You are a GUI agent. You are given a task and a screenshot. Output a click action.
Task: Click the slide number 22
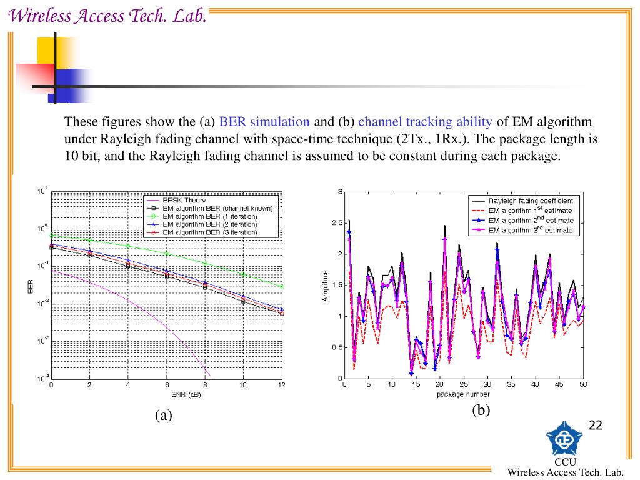pos(596,426)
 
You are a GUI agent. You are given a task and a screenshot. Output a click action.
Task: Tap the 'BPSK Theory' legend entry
pos(184,200)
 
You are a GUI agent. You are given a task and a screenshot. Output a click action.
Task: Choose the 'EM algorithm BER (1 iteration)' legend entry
pos(209,216)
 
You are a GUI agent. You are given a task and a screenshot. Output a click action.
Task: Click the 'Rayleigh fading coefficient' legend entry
pos(531,201)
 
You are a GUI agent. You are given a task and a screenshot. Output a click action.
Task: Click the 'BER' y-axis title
pos(30,287)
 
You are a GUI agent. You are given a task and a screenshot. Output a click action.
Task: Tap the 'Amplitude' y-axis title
pos(325,286)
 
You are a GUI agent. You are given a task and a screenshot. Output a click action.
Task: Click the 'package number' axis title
pos(463,394)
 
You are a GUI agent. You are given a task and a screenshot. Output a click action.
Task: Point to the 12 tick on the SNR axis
pos(281,386)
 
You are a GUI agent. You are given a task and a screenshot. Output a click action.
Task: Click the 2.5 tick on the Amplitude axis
pos(336,223)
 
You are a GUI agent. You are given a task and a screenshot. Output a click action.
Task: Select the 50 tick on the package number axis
pos(583,385)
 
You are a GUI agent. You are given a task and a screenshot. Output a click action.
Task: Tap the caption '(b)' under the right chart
pos(481,410)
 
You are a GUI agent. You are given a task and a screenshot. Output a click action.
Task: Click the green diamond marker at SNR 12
pos(282,286)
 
